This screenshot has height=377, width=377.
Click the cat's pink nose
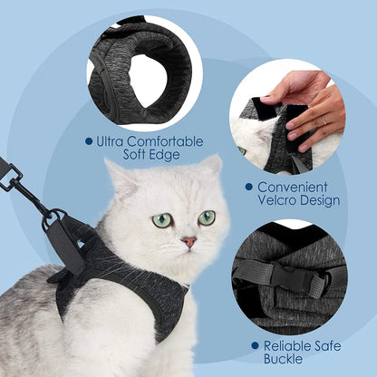[188, 243]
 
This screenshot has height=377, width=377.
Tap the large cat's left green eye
[162, 219]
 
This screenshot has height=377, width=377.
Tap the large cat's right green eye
[208, 217]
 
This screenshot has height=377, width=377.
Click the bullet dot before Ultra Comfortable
[89, 141]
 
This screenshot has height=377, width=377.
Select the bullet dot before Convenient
[248, 187]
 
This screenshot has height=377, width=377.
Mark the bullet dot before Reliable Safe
[255, 345]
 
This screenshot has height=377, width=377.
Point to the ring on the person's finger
[324, 119]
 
